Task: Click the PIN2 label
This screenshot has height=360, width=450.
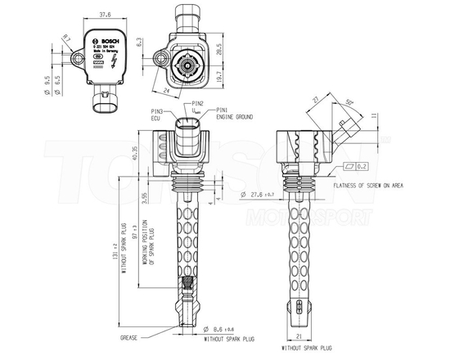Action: [196, 104]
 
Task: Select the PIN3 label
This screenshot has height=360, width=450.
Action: [157, 110]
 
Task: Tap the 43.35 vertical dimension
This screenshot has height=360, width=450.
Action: [136, 154]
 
